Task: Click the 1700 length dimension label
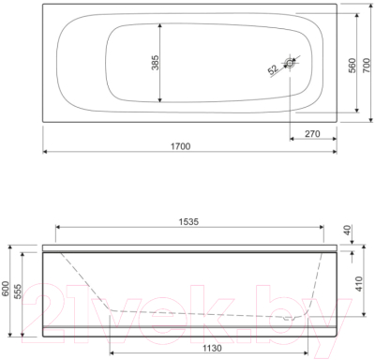pyautogui.click(x=181, y=146)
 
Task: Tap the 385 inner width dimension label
pyautogui.click(x=156, y=63)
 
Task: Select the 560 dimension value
pyautogui.click(x=352, y=66)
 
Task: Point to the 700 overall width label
pyautogui.click(x=367, y=66)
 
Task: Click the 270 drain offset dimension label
pyautogui.click(x=312, y=134)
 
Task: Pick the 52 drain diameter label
pyautogui.click(x=273, y=69)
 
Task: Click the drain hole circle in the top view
pyautogui.click(x=290, y=63)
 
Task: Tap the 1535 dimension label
pyautogui.click(x=188, y=221)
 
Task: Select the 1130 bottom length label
pyautogui.click(x=212, y=348)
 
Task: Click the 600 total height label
pyautogui.click(x=6, y=292)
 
